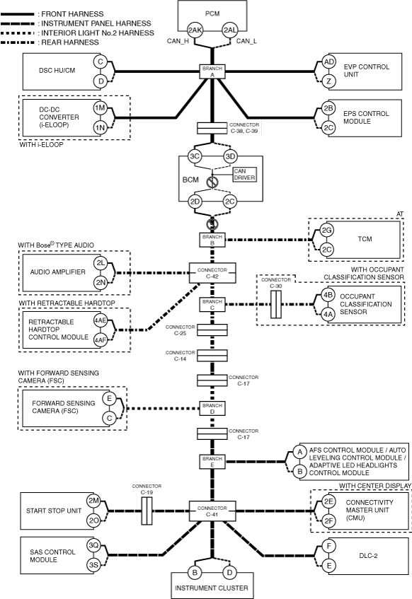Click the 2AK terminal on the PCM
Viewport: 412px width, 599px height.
pyautogui.click(x=195, y=30)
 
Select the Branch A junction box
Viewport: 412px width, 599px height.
pyautogui.click(x=212, y=71)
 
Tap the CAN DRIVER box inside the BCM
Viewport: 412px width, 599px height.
pyautogui.click(x=244, y=174)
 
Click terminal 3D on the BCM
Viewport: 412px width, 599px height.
pyautogui.click(x=230, y=156)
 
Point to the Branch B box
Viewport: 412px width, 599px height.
pyautogui.click(x=212, y=240)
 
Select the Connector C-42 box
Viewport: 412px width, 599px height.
pyautogui.click(x=212, y=273)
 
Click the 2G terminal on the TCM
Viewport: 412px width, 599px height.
pyautogui.click(x=326, y=230)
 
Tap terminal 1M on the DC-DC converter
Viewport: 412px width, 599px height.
pyautogui.click(x=101, y=108)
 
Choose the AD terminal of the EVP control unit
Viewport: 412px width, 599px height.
pyautogui.click(x=328, y=62)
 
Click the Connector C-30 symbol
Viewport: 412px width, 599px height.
pyautogui.click(x=276, y=304)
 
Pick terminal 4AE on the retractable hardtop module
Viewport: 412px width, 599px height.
pyautogui.click(x=101, y=320)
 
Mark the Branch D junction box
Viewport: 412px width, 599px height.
pyautogui.click(x=212, y=408)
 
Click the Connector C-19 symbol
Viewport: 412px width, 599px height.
pyautogui.click(x=147, y=511)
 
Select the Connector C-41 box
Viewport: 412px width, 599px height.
pyautogui.click(x=212, y=511)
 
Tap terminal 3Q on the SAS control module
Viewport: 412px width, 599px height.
pyautogui.click(x=93, y=545)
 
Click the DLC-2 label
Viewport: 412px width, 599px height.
pyautogui.click(x=368, y=555)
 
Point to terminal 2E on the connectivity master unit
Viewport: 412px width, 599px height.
pyautogui.click(x=328, y=501)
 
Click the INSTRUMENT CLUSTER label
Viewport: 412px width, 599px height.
pyautogui.click(x=212, y=588)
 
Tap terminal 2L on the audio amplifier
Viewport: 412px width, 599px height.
pyautogui.click(x=101, y=263)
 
